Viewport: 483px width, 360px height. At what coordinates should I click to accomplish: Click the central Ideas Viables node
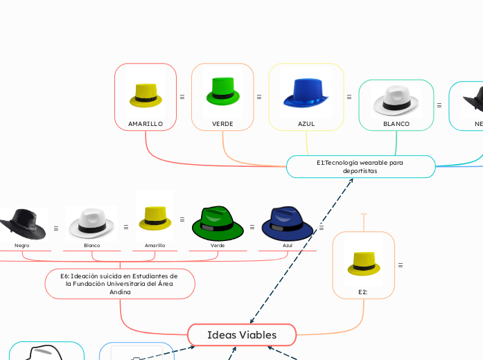click(241, 335)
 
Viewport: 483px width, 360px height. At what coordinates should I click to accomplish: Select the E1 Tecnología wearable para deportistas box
click(360, 166)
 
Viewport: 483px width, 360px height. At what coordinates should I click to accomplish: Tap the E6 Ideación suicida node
click(120, 284)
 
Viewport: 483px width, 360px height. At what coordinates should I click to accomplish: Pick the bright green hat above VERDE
click(222, 93)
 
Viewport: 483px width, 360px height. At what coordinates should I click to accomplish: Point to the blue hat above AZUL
click(306, 93)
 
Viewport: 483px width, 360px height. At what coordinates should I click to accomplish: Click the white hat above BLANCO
click(396, 101)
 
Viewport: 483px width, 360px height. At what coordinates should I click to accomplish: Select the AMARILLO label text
click(146, 124)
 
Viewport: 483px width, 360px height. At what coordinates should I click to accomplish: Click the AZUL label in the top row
click(306, 124)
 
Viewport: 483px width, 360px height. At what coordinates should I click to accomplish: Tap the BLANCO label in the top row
click(396, 124)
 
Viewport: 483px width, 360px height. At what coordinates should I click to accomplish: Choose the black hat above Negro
click(22, 224)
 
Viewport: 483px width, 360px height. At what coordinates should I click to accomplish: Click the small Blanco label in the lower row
click(91, 245)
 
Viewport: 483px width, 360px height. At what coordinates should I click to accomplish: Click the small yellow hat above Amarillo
click(155, 217)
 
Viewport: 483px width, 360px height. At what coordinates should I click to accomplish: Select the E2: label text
click(363, 292)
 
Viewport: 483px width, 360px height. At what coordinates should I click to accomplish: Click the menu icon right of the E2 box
click(401, 265)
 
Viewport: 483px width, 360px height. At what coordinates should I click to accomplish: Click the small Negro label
click(22, 245)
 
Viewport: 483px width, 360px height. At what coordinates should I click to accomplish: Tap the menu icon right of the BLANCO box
click(439, 105)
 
